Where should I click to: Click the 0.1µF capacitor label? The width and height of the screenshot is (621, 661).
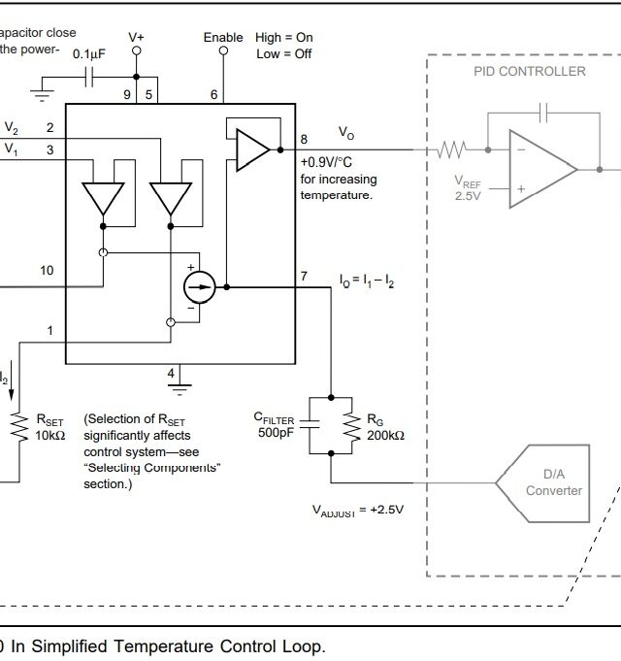(x=88, y=54)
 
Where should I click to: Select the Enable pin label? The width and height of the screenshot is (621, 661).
(x=223, y=37)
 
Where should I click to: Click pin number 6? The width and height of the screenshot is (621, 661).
(x=213, y=94)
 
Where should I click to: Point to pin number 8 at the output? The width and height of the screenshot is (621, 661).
(x=304, y=139)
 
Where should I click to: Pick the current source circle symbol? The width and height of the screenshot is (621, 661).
(x=199, y=287)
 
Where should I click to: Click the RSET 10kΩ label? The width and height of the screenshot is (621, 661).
(x=50, y=427)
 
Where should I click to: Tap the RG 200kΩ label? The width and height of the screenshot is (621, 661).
(x=385, y=427)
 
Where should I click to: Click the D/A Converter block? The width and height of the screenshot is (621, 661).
(x=553, y=481)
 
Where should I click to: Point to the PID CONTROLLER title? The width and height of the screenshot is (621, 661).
(x=529, y=71)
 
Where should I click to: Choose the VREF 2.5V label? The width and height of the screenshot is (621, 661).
(x=469, y=187)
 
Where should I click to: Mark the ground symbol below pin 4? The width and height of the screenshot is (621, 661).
(x=180, y=386)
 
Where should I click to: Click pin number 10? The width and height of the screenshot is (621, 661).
(x=47, y=271)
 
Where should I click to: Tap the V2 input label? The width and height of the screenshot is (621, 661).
(x=11, y=127)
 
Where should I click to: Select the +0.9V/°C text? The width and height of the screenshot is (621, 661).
(x=338, y=163)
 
